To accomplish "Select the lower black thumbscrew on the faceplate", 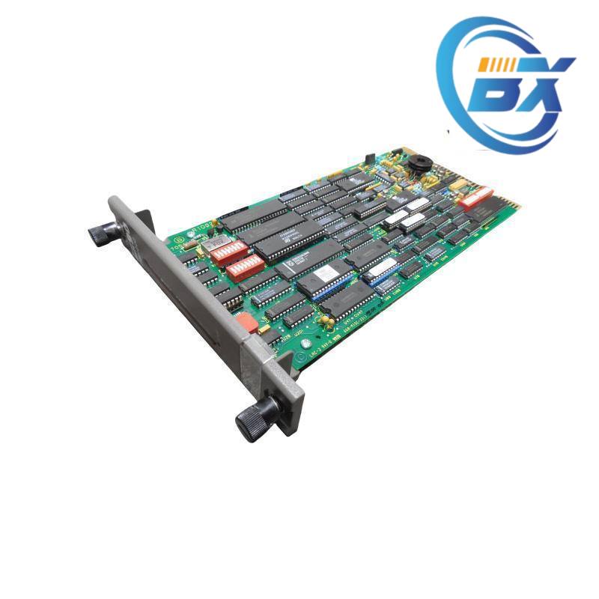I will click(253, 419).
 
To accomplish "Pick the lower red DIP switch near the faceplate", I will click(246, 267).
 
